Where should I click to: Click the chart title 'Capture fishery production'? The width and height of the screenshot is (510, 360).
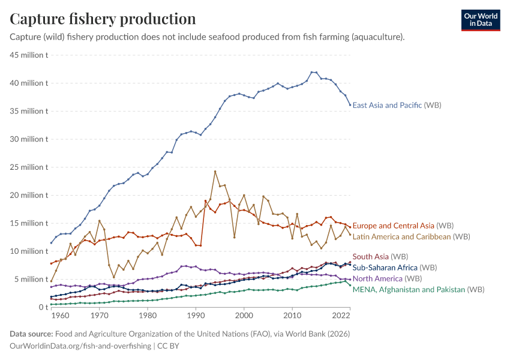click(103, 19)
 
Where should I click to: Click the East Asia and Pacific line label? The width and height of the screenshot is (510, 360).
click(397, 105)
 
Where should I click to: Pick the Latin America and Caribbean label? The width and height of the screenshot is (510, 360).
click(411, 236)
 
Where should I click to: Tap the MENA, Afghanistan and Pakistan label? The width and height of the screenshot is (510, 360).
click(418, 289)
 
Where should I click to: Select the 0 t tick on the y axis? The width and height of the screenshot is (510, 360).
click(41, 307)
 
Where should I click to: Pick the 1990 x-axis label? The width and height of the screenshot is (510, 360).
click(196, 315)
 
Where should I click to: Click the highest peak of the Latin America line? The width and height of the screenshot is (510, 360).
click(215, 171)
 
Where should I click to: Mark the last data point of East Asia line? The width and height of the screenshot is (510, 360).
click(350, 105)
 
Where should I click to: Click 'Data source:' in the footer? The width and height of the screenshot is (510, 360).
click(31, 334)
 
